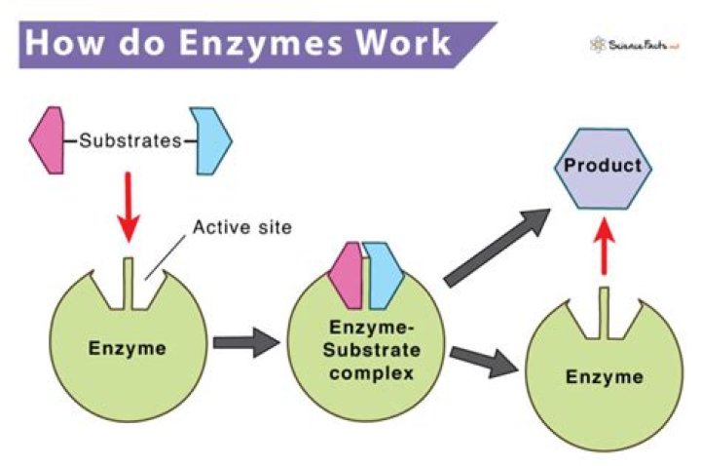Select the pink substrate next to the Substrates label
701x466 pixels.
47,140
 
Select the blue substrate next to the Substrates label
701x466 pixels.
211,140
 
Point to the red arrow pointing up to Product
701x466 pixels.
605,252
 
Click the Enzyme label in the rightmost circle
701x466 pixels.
606,376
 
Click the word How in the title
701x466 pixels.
62,44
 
